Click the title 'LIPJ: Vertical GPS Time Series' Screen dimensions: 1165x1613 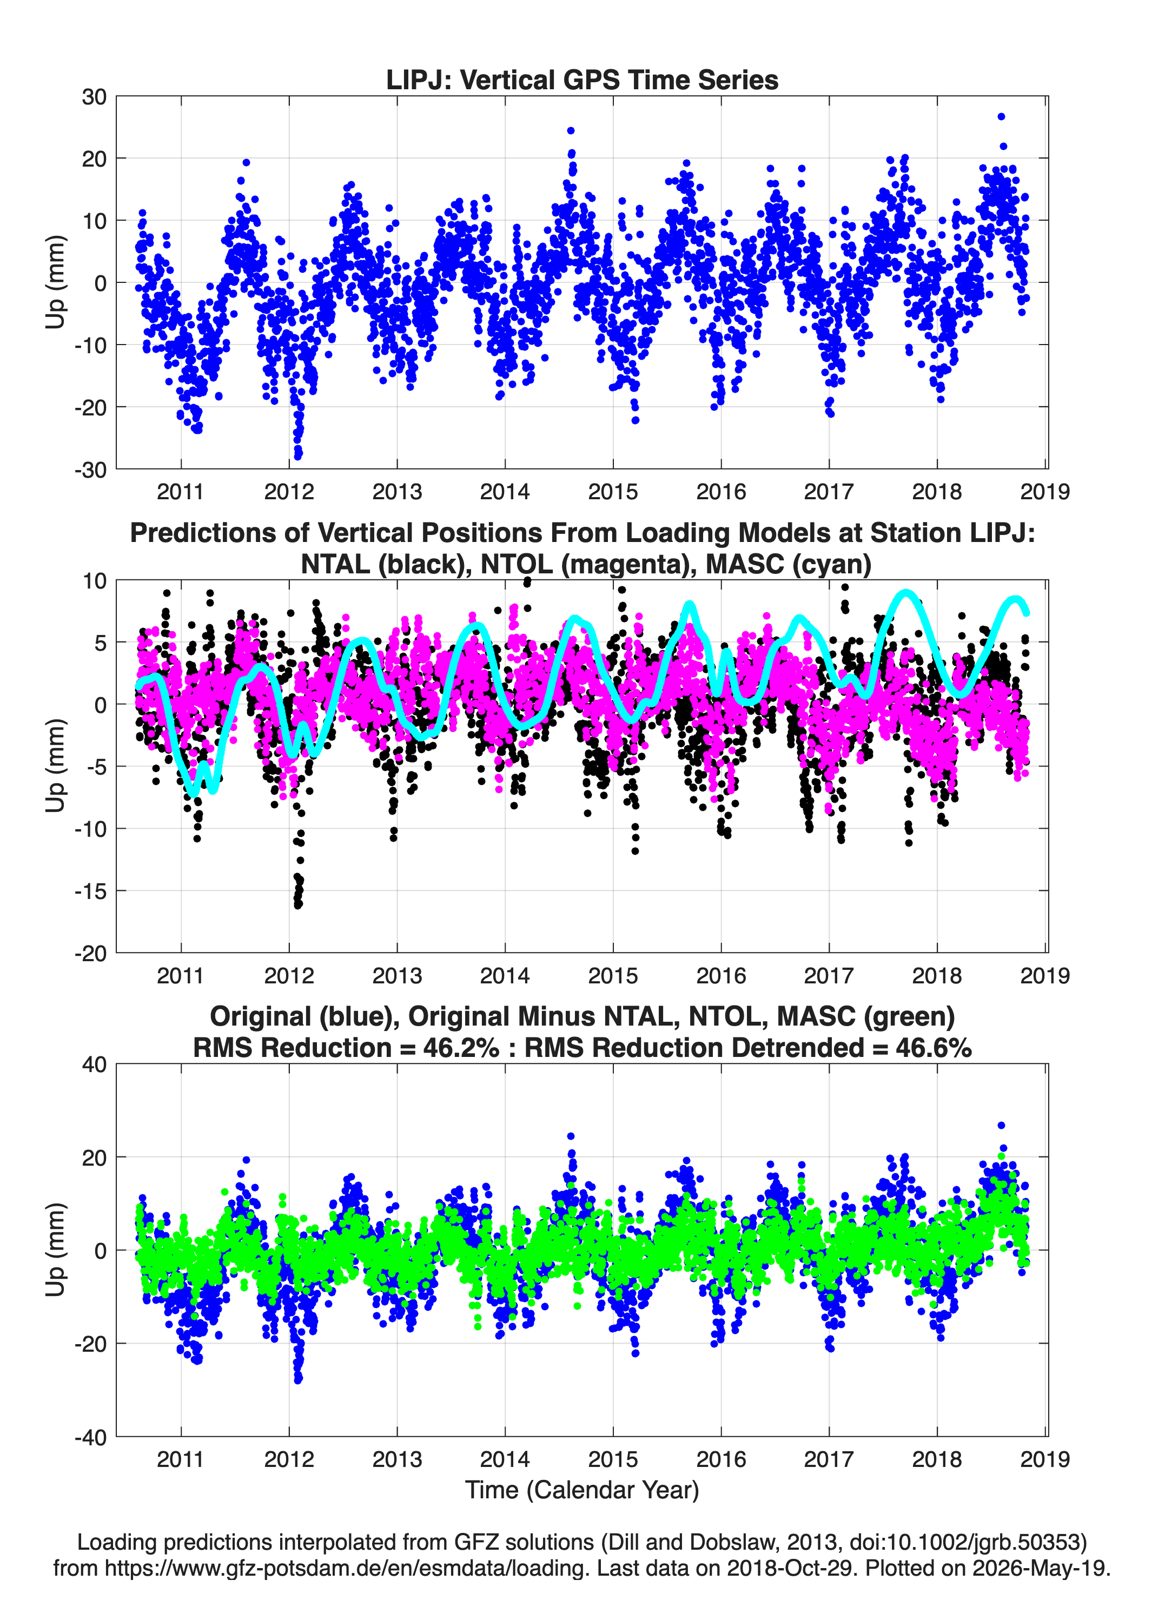(x=582, y=80)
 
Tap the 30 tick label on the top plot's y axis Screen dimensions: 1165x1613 (x=94, y=97)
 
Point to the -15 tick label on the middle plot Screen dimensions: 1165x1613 (x=90, y=891)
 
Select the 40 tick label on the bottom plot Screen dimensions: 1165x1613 (x=94, y=1065)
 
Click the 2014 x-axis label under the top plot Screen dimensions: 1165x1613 (x=505, y=492)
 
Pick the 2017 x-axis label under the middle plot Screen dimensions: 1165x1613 (x=829, y=976)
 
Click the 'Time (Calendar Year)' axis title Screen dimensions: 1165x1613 (x=582, y=1490)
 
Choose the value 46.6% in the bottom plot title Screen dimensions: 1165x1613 (x=934, y=1048)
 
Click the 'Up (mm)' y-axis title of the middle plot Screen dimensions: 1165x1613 (x=56, y=766)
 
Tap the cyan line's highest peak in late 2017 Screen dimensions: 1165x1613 (x=905, y=592)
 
